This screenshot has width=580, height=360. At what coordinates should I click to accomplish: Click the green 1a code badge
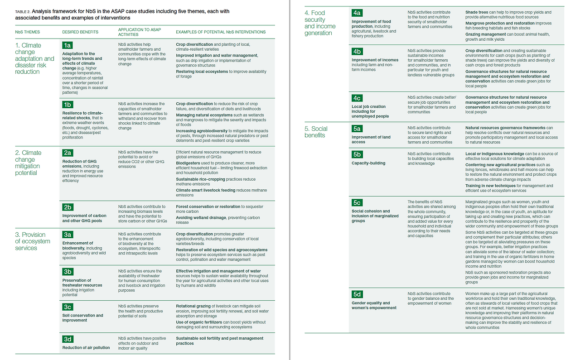click(68, 45)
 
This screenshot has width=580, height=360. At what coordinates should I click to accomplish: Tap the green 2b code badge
click(68, 207)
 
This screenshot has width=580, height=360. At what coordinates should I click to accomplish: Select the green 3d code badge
click(68, 339)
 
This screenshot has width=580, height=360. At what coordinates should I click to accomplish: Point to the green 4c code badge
click(357, 98)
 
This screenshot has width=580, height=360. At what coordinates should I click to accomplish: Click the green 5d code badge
click(357, 294)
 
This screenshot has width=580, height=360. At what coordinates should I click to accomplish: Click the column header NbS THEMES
click(28, 32)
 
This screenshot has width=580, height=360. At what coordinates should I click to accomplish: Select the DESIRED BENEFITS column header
click(80, 32)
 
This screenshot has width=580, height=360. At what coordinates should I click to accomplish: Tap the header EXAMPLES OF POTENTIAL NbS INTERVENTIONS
click(221, 32)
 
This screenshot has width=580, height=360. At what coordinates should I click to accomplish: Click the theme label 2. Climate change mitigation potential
click(28, 163)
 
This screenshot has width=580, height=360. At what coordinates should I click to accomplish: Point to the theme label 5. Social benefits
click(316, 132)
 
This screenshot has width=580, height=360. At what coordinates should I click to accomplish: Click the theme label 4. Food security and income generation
click(320, 23)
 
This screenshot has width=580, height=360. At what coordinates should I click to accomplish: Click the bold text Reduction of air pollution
click(86, 348)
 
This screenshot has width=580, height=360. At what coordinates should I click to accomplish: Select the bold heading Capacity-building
click(368, 163)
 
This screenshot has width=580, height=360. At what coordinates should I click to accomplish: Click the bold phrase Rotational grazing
click(192, 306)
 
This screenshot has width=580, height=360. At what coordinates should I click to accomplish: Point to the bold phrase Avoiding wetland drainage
click(201, 217)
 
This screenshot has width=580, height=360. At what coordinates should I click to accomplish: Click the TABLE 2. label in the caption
click(24, 11)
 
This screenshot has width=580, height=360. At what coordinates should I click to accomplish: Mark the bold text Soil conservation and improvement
click(82, 317)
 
